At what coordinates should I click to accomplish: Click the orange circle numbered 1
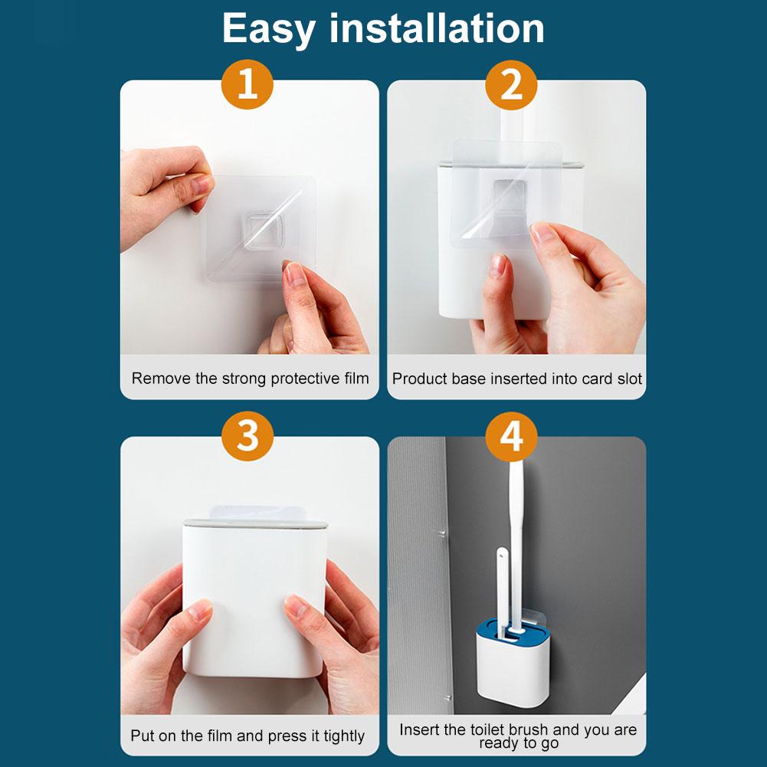247,85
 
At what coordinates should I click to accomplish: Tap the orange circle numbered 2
512,85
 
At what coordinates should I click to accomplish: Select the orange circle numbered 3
247,437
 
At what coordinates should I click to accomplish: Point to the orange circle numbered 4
512,437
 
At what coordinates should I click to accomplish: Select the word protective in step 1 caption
298,379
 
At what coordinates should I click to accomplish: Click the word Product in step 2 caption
418,379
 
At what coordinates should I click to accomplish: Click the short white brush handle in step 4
502,582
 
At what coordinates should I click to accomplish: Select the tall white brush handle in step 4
517,529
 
